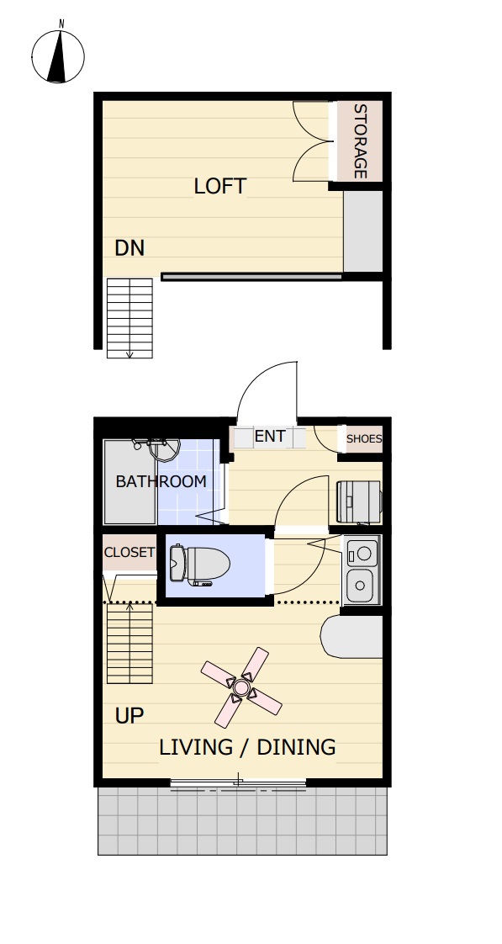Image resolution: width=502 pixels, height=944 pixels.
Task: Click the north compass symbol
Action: (58, 56)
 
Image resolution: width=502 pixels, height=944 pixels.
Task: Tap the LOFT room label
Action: (220, 187)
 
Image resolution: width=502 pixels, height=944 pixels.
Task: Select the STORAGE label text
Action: (360, 141)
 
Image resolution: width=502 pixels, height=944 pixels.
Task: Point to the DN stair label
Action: (129, 248)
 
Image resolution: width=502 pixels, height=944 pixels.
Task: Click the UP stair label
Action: (129, 716)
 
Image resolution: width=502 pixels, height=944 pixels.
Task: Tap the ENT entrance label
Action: (270, 437)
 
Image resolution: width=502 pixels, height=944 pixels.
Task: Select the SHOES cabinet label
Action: (364, 439)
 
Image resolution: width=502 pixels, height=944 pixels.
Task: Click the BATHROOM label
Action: (161, 481)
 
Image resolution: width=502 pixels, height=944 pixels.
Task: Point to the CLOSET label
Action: (129, 552)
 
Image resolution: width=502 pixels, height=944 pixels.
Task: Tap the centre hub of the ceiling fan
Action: (241, 687)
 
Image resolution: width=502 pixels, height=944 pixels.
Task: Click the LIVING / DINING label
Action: (247, 747)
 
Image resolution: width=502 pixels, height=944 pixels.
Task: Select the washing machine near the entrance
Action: (359, 501)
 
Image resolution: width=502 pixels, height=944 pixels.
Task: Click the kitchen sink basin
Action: (360, 585)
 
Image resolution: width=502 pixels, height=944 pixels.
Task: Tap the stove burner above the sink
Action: (362, 551)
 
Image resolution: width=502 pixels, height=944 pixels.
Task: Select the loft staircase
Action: (129, 318)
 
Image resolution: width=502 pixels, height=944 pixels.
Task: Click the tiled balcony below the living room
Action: (242, 820)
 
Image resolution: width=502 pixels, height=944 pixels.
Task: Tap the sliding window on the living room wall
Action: (238, 783)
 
